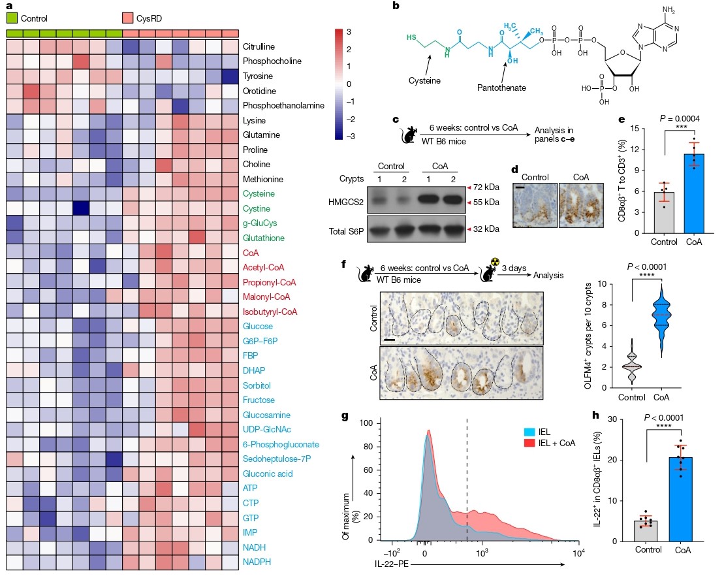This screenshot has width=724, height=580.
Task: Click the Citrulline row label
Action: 259,47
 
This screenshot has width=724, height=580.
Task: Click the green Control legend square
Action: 12,18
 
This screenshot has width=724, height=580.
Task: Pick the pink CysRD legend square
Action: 128,18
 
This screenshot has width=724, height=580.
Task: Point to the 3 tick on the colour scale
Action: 349,31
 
